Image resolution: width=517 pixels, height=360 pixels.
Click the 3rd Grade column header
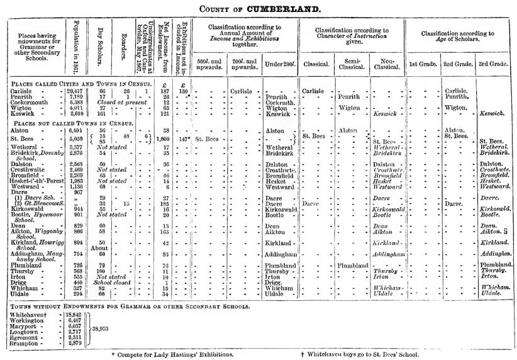(494, 64)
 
